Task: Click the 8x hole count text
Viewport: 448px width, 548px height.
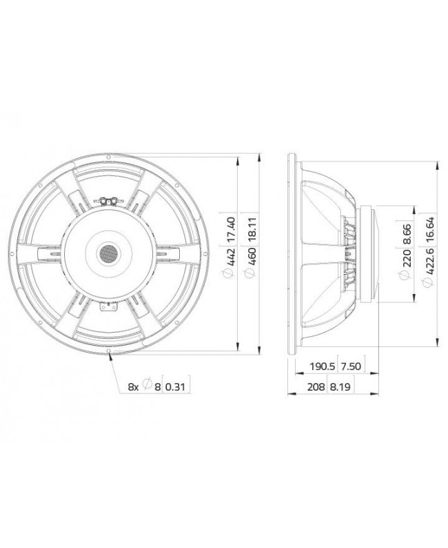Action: tap(134, 387)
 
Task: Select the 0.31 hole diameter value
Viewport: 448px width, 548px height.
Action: tap(176, 387)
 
